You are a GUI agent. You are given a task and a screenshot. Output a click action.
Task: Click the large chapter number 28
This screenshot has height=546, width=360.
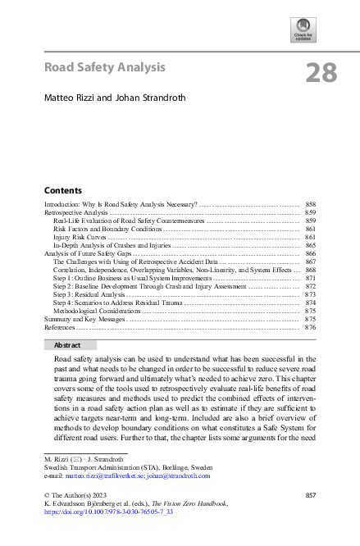[321, 73]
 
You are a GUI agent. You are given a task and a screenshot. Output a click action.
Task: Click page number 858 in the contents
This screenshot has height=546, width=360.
[310, 202]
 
